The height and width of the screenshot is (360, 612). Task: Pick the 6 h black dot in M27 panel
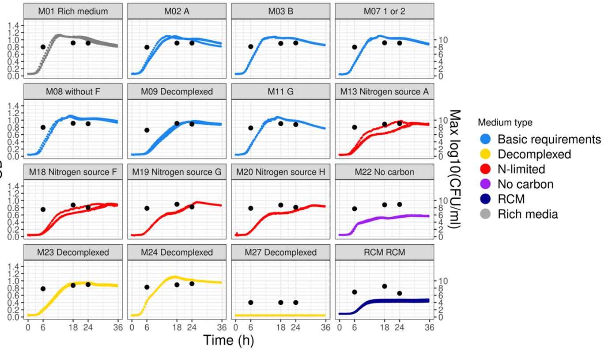(x=251, y=303)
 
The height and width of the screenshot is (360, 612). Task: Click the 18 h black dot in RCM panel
(x=385, y=286)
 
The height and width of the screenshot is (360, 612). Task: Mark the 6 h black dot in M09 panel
(x=147, y=130)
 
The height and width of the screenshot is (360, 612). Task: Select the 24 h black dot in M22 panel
(x=400, y=205)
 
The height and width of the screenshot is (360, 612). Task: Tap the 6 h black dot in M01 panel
(x=43, y=47)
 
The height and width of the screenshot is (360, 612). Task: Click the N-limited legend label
(x=521, y=169)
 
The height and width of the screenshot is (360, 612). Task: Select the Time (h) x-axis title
(x=228, y=340)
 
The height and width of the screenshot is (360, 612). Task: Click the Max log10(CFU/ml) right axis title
(x=455, y=169)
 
